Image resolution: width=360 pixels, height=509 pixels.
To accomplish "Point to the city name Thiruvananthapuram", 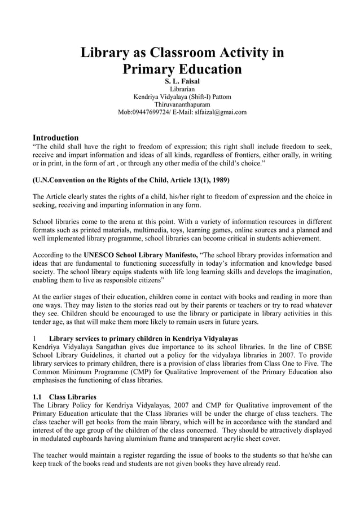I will click(182, 104).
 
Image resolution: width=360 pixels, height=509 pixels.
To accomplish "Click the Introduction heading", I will click(55, 138).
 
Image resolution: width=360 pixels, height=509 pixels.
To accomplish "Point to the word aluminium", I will click(148, 438).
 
